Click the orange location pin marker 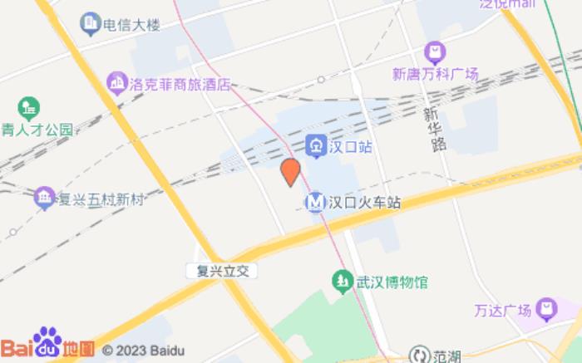click(x=289, y=172)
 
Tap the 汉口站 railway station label click(x=349, y=147)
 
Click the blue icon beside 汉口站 click(x=316, y=147)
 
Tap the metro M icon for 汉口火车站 click(x=315, y=202)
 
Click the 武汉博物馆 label click(x=392, y=282)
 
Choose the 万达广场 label click(x=502, y=311)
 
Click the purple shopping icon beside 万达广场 click(x=546, y=310)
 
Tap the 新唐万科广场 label click(x=435, y=74)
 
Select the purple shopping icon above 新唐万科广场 click(x=434, y=52)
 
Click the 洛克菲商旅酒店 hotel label click(x=180, y=84)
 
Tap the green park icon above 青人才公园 click(x=29, y=107)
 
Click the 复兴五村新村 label click(x=101, y=199)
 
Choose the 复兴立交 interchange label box click(x=222, y=271)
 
